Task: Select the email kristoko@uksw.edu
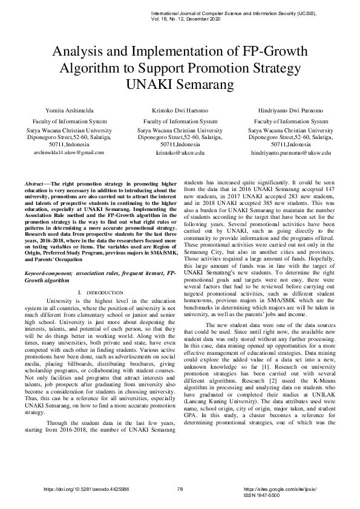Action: click(x=180, y=154)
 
